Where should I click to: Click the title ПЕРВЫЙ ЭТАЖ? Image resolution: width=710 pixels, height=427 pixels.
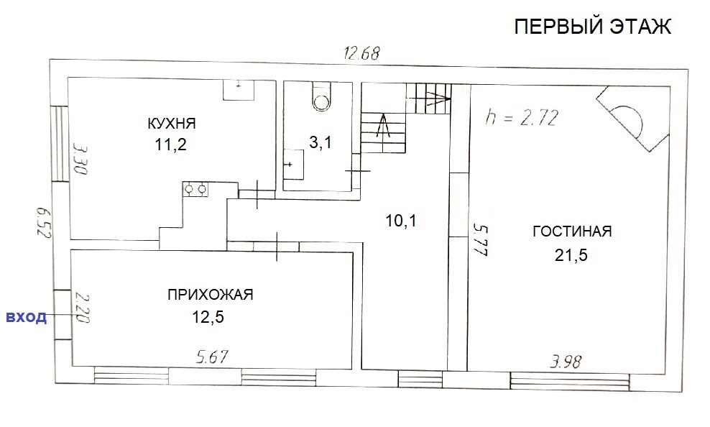coord(592,27)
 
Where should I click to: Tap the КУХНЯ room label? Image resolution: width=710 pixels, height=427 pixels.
coord(172,123)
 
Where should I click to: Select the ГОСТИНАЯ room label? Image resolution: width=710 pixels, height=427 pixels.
coord(572,231)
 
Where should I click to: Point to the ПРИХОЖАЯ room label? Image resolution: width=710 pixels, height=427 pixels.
coord(210,295)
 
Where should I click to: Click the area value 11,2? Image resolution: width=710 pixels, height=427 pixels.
coord(171,145)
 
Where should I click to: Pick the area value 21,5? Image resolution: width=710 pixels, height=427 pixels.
coord(571,255)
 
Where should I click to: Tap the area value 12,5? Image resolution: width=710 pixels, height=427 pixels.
coord(208,317)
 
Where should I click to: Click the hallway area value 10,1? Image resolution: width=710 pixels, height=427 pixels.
coord(401,221)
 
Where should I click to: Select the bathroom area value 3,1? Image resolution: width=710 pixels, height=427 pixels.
coord(320,142)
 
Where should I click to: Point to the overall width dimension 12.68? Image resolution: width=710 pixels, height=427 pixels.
coord(361,53)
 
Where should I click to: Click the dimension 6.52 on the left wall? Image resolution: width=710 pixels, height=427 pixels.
coord(43,224)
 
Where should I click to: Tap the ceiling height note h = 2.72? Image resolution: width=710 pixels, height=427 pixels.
coord(521,118)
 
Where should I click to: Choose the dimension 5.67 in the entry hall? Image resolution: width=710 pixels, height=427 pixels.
coord(213,357)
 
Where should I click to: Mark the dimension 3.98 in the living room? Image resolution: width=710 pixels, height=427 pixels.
coord(566,362)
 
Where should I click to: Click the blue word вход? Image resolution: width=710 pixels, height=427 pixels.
coord(27,316)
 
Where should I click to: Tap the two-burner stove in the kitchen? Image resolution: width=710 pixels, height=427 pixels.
coord(195,189)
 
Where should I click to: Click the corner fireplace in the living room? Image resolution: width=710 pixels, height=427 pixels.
coord(633,119)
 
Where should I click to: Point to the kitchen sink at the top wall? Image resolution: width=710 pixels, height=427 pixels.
coord(239,90)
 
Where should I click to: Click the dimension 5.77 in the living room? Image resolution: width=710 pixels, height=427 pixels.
coord(480,239)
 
